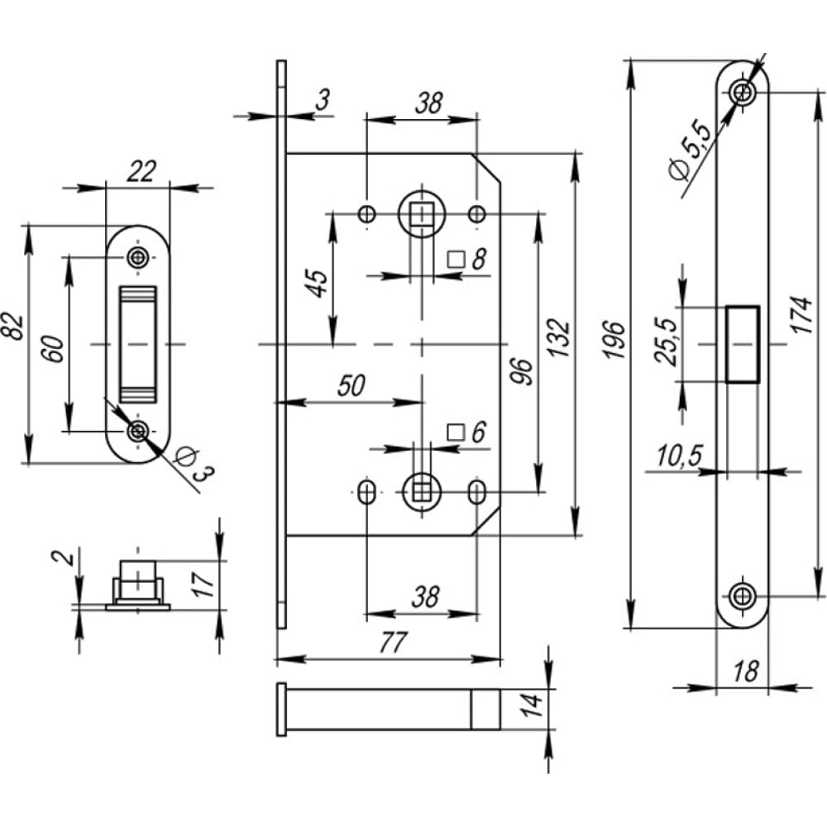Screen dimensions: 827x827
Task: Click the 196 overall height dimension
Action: point(614,340)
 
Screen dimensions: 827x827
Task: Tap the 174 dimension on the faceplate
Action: point(801,315)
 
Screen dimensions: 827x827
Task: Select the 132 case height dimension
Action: point(560,337)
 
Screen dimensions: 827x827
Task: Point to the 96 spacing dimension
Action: point(522,371)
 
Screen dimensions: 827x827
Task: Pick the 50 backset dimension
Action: point(351,386)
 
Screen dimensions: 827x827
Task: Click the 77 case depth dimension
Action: point(392,643)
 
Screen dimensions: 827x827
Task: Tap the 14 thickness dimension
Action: point(533,705)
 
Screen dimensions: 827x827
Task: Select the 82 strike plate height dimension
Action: point(12,327)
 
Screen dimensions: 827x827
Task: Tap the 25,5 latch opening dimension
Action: point(665,342)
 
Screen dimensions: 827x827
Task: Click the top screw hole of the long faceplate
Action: point(743,93)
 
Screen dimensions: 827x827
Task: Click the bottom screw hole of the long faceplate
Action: point(743,596)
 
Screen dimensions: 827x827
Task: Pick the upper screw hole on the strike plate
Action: point(137,257)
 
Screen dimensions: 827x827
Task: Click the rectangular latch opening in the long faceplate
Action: point(743,344)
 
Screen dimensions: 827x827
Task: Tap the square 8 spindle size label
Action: point(466,259)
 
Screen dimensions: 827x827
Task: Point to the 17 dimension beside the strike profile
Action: point(203,585)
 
